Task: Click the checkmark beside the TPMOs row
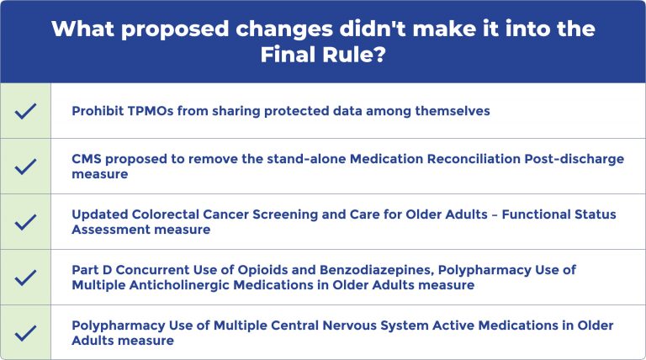25,111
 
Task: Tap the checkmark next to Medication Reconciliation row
25,167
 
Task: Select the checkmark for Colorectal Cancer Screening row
25,222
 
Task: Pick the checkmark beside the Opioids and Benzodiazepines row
25,278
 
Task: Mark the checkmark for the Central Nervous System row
25,332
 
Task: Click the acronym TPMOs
151,111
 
